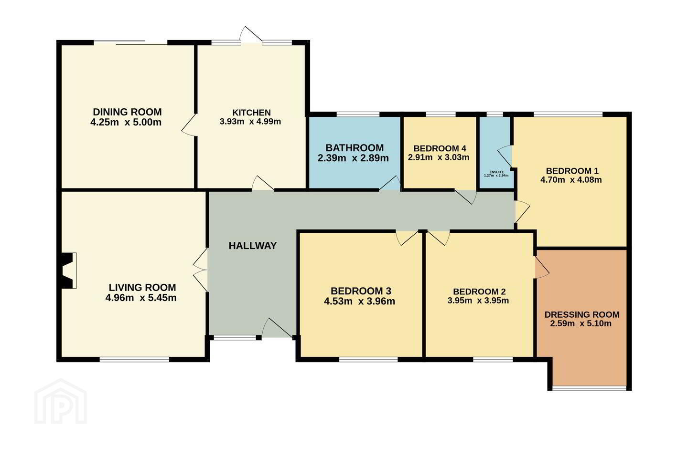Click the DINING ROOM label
(x=127, y=112)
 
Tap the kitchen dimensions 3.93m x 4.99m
(x=250, y=122)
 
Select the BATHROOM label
(x=355, y=148)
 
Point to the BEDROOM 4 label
(x=440, y=148)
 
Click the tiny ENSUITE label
(x=496, y=172)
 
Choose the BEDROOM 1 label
(x=572, y=171)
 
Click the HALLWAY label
(x=252, y=246)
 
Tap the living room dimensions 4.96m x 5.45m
(x=141, y=298)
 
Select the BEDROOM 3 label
(x=361, y=291)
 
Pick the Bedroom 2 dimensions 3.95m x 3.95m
(x=478, y=300)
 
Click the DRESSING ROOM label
(x=582, y=315)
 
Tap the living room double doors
(x=201, y=270)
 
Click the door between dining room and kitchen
(x=189, y=125)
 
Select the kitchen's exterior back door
(x=251, y=34)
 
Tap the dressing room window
(x=589, y=388)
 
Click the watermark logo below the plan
(x=61, y=402)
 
